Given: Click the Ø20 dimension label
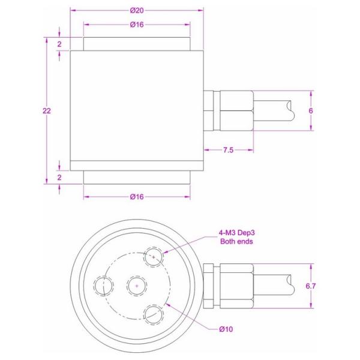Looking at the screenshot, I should (x=137, y=10).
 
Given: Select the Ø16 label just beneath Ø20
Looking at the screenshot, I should (x=137, y=25).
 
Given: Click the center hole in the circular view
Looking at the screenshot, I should (x=137, y=286).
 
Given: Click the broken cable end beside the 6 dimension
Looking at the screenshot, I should (x=290, y=111).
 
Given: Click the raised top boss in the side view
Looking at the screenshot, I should (x=137, y=44).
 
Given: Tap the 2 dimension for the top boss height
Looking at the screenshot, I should (x=59, y=44).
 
